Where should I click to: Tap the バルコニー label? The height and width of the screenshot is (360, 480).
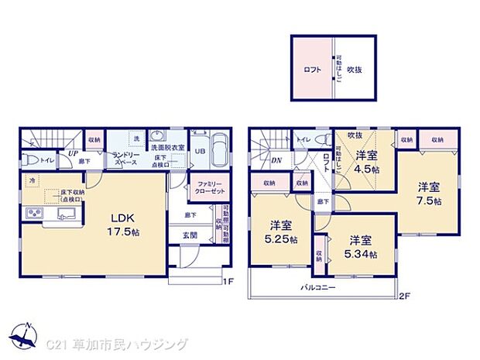pyautogui.click(x=318, y=286)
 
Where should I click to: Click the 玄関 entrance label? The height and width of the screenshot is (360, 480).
pyautogui.click(x=190, y=235)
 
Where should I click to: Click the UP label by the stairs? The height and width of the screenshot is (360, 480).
pyautogui.click(x=71, y=153)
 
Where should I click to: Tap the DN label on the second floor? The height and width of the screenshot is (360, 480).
pyautogui.click(x=276, y=160)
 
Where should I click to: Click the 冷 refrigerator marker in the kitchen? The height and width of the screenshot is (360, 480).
pyautogui.click(x=33, y=181)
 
